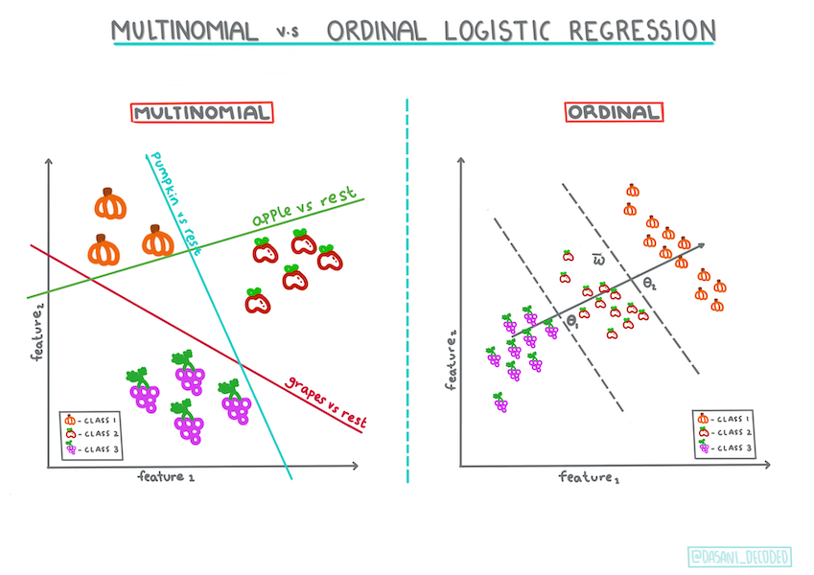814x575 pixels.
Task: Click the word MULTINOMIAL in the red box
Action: [201, 112]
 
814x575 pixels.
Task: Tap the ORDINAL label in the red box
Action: [615, 112]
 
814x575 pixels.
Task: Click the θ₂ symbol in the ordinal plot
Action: [650, 285]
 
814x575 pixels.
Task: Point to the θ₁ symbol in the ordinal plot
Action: [572, 322]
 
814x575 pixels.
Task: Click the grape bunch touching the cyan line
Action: [234, 400]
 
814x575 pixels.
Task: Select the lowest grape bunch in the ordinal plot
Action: [500, 402]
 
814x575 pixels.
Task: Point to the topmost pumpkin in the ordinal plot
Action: [632, 191]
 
